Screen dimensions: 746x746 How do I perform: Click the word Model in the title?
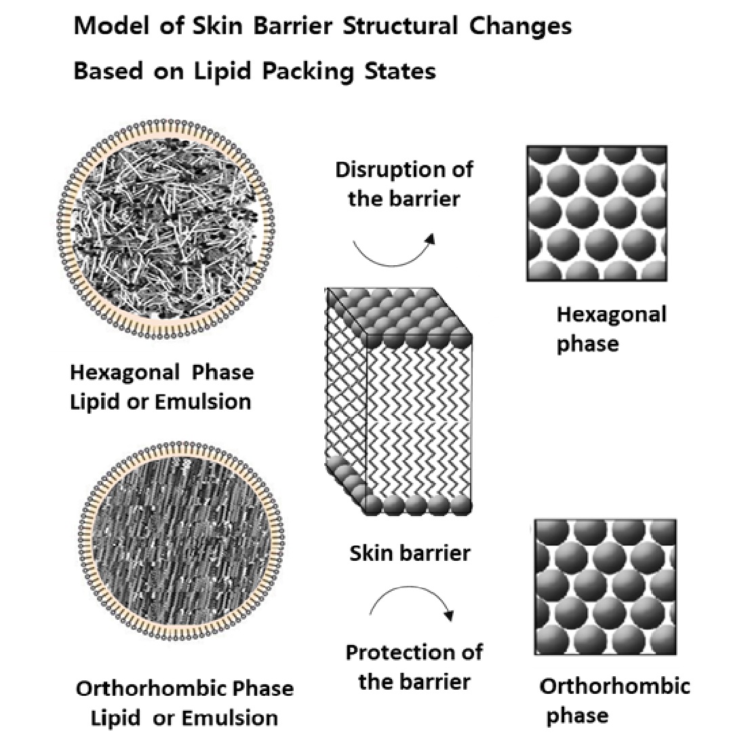108,26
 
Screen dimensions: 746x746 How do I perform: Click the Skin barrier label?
410,553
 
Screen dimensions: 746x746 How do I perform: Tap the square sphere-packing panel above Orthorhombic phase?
605,587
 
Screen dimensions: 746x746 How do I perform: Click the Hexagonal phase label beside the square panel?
610,329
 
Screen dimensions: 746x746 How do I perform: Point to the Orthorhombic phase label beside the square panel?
614,700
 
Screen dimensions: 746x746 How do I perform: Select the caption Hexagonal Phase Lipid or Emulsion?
161,387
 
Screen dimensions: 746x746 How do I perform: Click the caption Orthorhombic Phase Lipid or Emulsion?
184,703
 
